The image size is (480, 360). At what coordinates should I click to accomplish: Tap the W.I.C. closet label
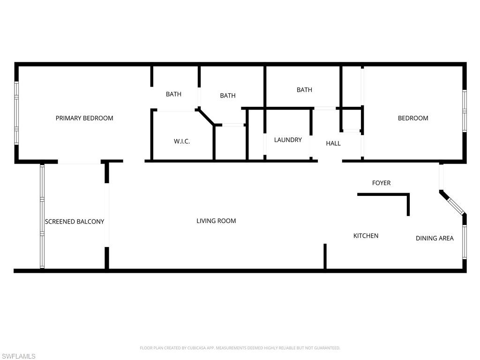182,142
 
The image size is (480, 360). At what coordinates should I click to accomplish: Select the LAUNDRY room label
288,140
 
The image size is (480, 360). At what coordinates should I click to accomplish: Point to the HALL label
333,143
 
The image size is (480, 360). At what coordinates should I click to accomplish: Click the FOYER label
381,183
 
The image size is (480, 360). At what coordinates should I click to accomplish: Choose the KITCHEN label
366,236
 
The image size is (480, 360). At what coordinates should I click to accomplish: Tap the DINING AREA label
435,238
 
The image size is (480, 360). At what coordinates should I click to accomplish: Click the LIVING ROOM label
216,221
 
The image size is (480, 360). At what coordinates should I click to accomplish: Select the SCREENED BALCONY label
75,221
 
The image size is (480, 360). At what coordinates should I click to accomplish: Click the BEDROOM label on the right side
413,118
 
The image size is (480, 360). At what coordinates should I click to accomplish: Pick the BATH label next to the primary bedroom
173,94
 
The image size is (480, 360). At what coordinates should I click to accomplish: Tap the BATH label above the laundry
304,90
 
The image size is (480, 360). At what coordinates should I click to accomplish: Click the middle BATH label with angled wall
228,96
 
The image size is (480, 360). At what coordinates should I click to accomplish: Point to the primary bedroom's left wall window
16,112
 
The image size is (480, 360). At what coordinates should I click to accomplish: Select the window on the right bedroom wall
465,111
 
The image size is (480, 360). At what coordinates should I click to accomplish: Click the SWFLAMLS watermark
18,356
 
